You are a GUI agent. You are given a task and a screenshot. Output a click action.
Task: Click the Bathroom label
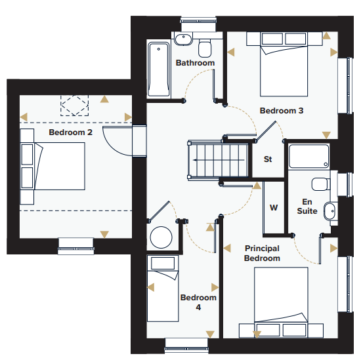(195, 63)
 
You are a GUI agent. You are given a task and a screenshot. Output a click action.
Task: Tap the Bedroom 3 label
(282, 111)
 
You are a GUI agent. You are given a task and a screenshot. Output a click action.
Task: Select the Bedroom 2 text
(70, 132)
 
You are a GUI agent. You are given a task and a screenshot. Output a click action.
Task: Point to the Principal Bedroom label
(262, 253)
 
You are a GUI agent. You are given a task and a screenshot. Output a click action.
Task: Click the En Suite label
(307, 207)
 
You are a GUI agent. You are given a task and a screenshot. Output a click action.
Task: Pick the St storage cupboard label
(268, 159)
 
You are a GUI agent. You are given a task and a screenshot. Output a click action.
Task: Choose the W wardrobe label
(274, 208)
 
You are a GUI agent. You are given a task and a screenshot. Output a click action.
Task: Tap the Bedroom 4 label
(198, 302)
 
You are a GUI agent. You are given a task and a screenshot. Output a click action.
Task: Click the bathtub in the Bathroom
(159, 70)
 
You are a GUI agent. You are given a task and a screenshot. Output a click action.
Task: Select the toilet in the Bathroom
(205, 49)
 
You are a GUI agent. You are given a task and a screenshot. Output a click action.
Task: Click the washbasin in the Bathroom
(183, 39)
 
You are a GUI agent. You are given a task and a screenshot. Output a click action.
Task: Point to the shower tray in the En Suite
(308, 157)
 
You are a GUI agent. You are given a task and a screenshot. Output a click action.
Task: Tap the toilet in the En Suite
(321, 184)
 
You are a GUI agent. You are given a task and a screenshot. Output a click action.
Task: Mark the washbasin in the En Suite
(329, 211)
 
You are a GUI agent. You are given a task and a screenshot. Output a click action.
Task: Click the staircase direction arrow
(219, 160)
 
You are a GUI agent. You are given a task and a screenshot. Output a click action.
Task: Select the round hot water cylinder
(161, 237)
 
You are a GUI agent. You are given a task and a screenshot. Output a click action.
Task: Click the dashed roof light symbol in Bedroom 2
(74, 106)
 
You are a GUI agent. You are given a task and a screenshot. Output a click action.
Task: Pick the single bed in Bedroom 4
(163, 289)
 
